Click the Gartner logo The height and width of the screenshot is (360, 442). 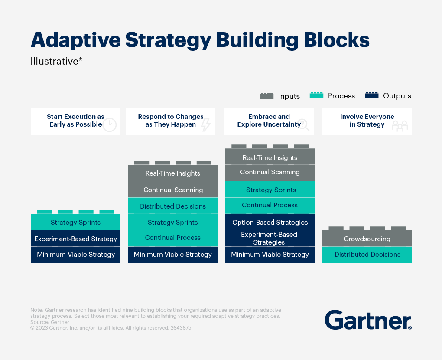point(368,320)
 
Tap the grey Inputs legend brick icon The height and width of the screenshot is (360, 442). point(266,96)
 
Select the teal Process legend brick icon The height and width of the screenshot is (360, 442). point(316,96)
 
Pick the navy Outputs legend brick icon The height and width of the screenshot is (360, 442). point(372,96)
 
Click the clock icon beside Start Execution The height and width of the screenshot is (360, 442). point(110,124)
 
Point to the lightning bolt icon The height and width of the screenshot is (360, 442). point(206,124)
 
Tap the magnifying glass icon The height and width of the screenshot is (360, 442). point(304,124)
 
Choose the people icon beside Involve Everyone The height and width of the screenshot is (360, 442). point(400,125)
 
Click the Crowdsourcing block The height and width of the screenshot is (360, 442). point(367,239)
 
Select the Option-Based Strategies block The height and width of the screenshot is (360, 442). point(270,222)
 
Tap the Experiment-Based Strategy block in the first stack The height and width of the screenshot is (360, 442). point(76,239)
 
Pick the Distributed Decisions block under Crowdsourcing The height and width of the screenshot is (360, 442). point(367,255)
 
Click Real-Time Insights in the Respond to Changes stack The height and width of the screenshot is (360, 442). point(173,173)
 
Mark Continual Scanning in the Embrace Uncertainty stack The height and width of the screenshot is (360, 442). point(270,172)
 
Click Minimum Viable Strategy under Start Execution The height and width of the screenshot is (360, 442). point(76,255)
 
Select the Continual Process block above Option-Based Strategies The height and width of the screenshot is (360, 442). point(270,205)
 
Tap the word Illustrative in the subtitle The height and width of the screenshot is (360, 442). point(54,61)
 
